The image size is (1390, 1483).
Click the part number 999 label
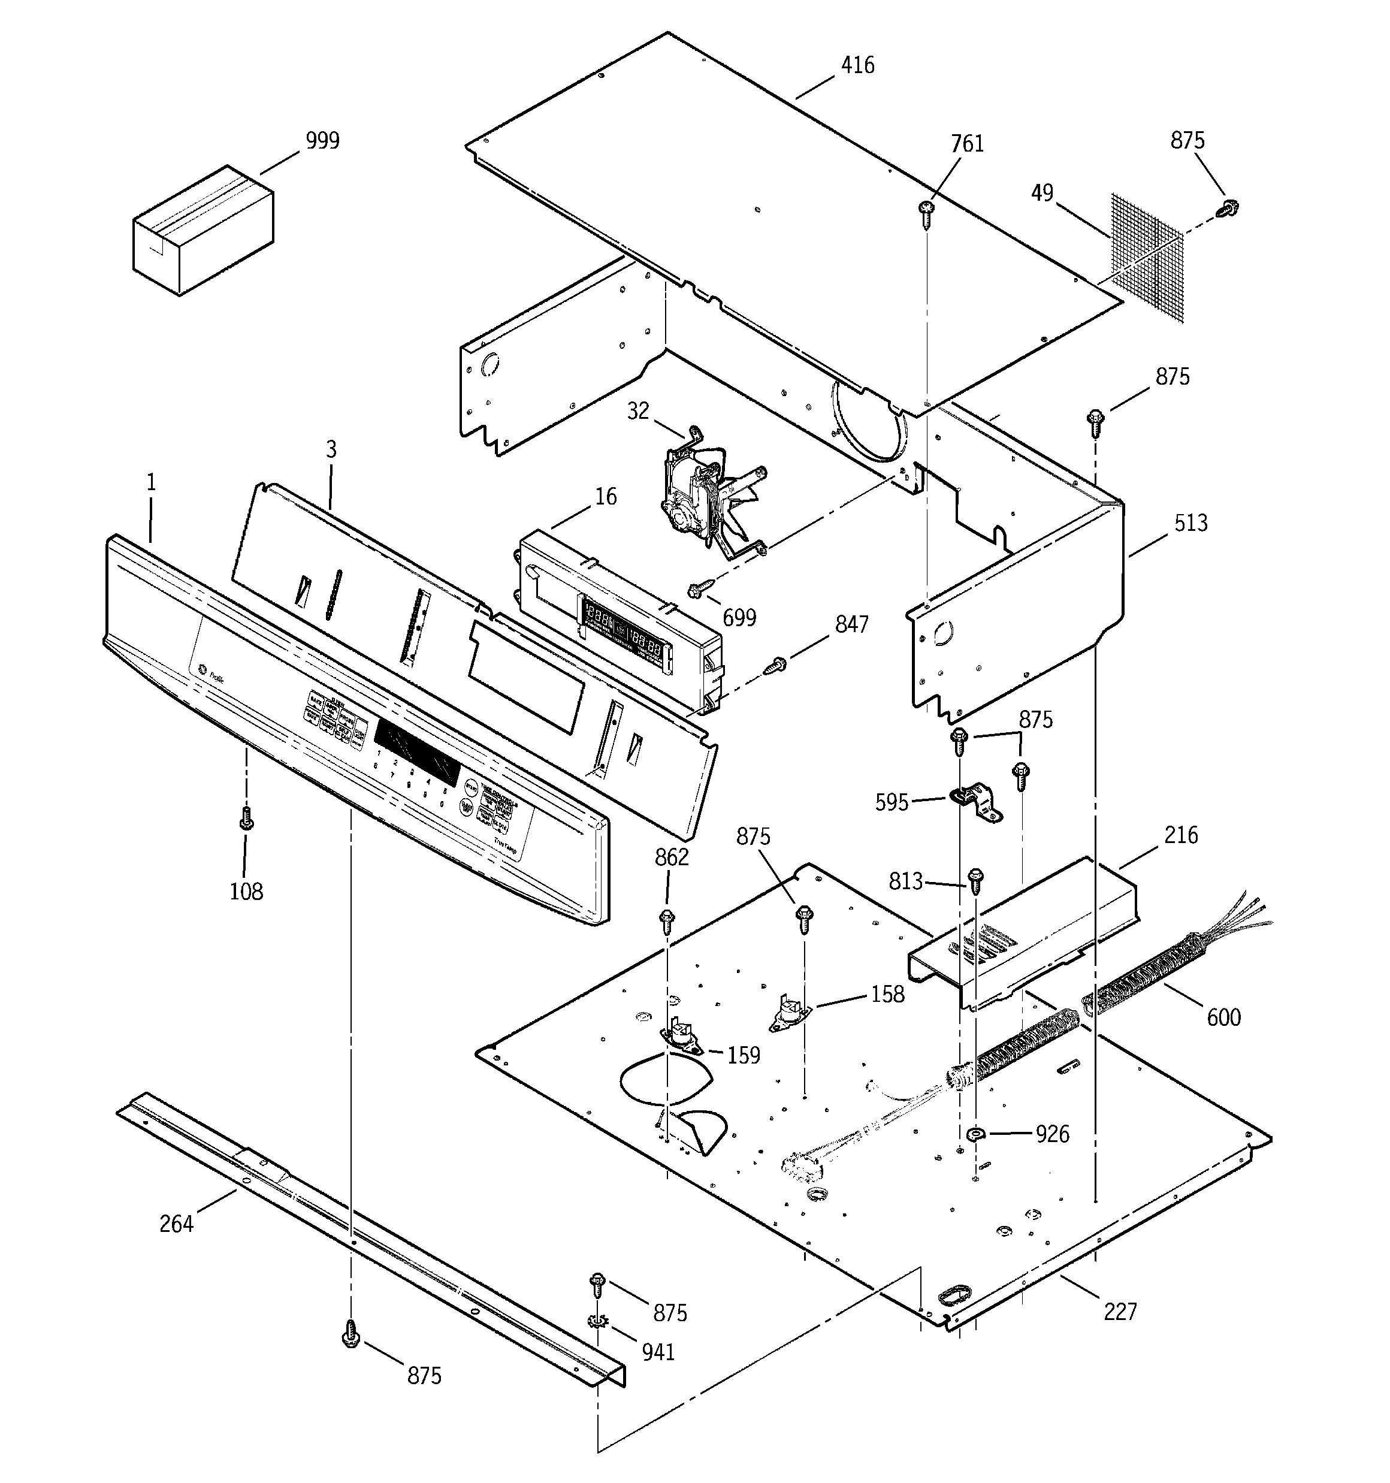point(322,140)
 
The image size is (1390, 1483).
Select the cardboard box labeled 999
point(202,231)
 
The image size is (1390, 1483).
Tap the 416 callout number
point(857,66)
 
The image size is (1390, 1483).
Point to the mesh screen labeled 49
point(1147,258)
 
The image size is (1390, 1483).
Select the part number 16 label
point(606,497)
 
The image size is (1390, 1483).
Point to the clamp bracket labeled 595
point(977,804)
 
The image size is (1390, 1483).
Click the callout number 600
point(1223,1017)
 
